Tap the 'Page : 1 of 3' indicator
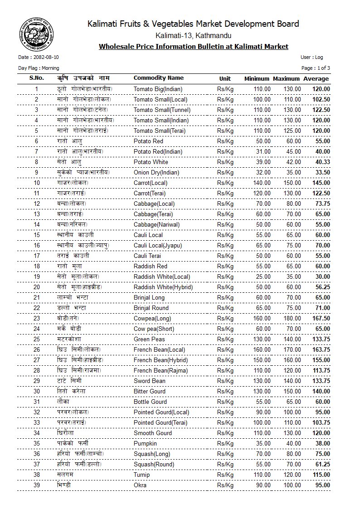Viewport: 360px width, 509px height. point(316,68)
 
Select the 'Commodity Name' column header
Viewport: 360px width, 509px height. point(158,78)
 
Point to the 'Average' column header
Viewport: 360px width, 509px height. point(316,78)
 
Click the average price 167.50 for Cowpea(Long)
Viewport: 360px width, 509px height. point(321,318)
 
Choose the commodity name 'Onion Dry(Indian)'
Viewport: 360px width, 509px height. point(156,172)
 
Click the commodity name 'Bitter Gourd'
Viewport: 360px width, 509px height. point(149,391)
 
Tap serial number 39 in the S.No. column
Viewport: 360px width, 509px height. point(37,485)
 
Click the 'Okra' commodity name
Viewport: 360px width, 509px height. point(140,485)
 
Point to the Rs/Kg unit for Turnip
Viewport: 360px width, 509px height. point(225,475)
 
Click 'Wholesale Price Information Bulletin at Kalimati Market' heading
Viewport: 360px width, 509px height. point(193,46)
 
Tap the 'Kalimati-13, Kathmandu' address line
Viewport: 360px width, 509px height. point(193,35)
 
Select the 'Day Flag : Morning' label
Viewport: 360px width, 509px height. point(39,68)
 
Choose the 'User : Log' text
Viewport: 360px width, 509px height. point(311,58)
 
